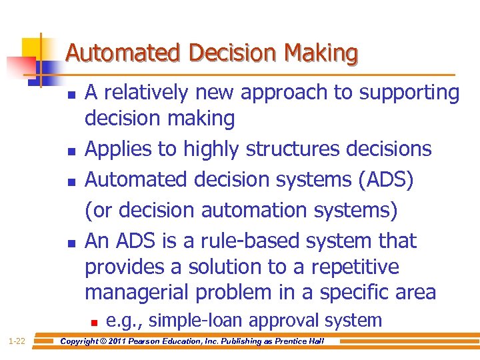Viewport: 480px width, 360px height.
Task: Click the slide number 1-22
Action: (17, 341)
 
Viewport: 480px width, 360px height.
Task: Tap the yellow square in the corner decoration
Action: (31, 49)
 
